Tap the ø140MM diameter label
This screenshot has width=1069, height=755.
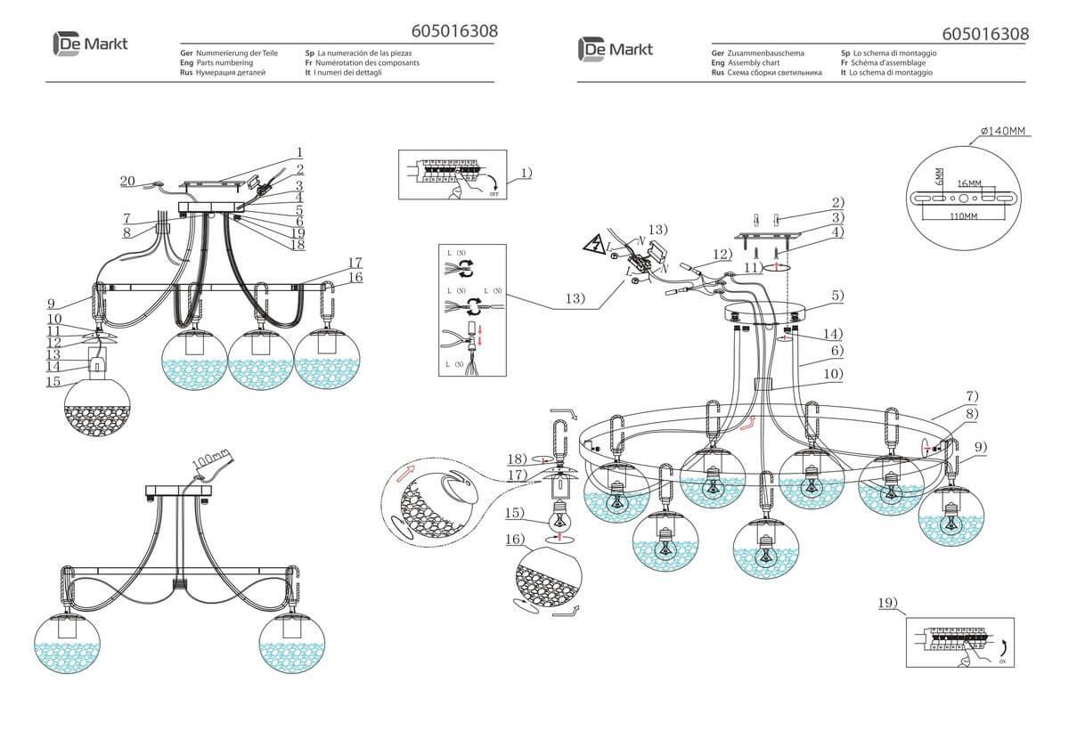tap(1003, 132)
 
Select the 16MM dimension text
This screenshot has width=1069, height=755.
tap(970, 183)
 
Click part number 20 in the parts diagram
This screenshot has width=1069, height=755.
tap(127, 181)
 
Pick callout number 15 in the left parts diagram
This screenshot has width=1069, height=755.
tap(54, 382)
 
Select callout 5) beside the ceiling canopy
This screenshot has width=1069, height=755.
tap(836, 295)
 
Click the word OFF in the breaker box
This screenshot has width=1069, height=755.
tap(494, 192)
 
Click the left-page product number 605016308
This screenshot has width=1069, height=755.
tap(454, 31)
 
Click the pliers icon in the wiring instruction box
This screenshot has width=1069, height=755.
tap(455, 339)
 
